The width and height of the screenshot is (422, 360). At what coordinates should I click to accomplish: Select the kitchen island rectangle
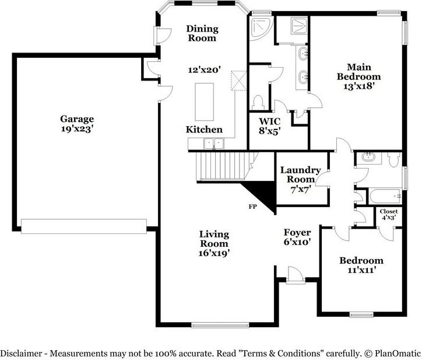click(x=205, y=102)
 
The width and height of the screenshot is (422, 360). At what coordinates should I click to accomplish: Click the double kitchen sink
click(x=214, y=144)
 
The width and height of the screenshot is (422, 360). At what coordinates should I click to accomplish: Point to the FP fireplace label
click(x=252, y=207)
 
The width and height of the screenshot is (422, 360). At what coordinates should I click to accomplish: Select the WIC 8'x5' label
click(x=270, y=126)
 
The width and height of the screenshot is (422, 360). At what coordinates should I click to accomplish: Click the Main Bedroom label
click(x=358, y=76)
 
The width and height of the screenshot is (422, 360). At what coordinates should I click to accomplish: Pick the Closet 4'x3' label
click(x=389, y=215)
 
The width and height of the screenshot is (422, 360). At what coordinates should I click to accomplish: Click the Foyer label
click(x=297, y=232)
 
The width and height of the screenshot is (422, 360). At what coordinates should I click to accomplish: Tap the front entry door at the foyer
click(x=295, y=275)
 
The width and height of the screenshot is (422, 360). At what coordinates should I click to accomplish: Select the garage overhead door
click(x=84, y=226)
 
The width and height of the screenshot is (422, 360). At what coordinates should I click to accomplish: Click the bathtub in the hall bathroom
click(x=385, y=197)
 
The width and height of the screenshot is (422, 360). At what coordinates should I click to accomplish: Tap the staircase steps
click(x=223, y=166)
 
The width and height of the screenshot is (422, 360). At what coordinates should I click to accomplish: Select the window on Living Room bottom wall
click(x=220, y=325)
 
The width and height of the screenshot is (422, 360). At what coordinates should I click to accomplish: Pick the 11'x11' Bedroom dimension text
click(x=361, y=270)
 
